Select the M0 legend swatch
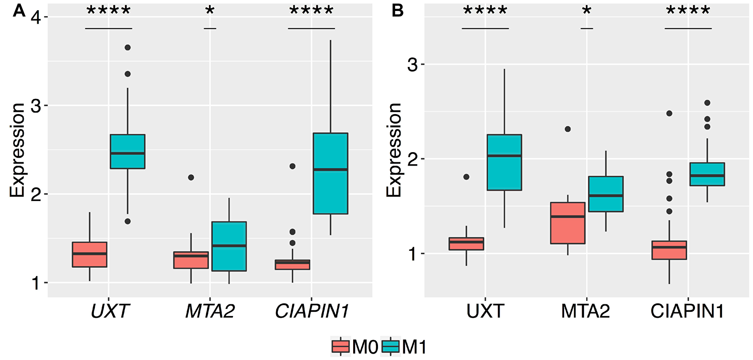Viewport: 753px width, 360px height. coord(341,346)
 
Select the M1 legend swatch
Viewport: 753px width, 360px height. coord(390,346)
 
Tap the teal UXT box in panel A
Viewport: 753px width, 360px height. coord(128,151)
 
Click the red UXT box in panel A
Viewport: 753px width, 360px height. coord(90,255)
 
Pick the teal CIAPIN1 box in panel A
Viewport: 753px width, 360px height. coord(331,173)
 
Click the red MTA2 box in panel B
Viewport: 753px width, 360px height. coord(568,223)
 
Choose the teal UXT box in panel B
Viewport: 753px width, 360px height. coord(504,162)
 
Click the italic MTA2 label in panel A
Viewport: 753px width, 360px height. coord(210,311)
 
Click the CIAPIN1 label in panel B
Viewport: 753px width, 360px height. coord(687,311)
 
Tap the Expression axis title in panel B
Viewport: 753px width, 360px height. coord(394,150)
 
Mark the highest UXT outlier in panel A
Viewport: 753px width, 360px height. coord(128,47)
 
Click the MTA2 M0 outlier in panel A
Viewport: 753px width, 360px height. coord(191,177)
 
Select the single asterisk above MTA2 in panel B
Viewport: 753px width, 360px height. coord(587,10)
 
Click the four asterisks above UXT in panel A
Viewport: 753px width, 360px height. coord(108,10)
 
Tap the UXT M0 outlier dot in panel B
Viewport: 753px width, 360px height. coord(466,177)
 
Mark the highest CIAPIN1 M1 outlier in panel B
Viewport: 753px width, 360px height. coord(707,103)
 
